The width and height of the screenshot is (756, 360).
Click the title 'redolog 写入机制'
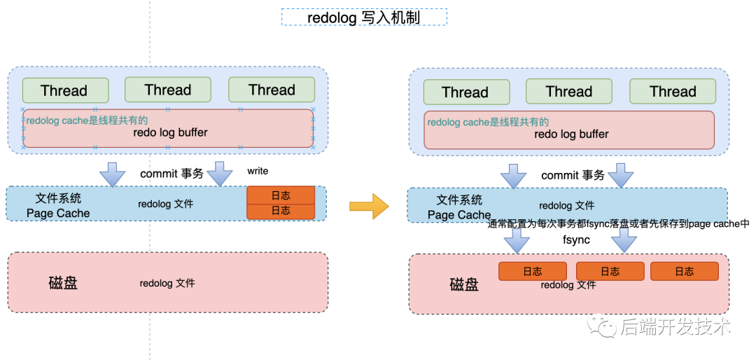coord(364,18)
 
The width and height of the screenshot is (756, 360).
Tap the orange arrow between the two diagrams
coord(368,206)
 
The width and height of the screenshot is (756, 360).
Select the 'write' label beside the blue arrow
coord(258,172)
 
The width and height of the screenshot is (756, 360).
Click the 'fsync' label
coord(576,240)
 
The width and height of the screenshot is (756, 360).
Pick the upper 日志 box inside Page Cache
coord(281,195)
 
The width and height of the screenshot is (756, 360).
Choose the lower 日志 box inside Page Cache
coord(281,211)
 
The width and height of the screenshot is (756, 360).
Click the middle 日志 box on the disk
coord(610,272)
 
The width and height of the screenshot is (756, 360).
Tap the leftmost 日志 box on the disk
coord(533,272)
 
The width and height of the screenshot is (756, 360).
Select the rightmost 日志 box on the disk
coord(685,272)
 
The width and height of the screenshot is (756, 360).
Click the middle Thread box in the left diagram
coord(168,90)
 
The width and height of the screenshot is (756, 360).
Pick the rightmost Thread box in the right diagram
coord(673,92)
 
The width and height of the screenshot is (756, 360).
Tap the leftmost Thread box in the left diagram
coord(64,90)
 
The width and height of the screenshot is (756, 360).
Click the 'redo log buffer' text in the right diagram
coord(571,134)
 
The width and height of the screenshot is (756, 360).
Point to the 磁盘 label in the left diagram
coord(63,283)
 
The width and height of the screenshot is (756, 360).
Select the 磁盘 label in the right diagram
coord(464,284)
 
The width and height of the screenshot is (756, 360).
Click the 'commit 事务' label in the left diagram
coord(171,174)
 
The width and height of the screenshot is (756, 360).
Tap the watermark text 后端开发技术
coord(675,327)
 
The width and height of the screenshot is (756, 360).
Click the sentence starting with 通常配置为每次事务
coord(618,223)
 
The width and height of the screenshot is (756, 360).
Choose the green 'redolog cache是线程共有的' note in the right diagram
coord(488,122)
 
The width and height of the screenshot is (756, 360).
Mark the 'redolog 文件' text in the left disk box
coord(167,283)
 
